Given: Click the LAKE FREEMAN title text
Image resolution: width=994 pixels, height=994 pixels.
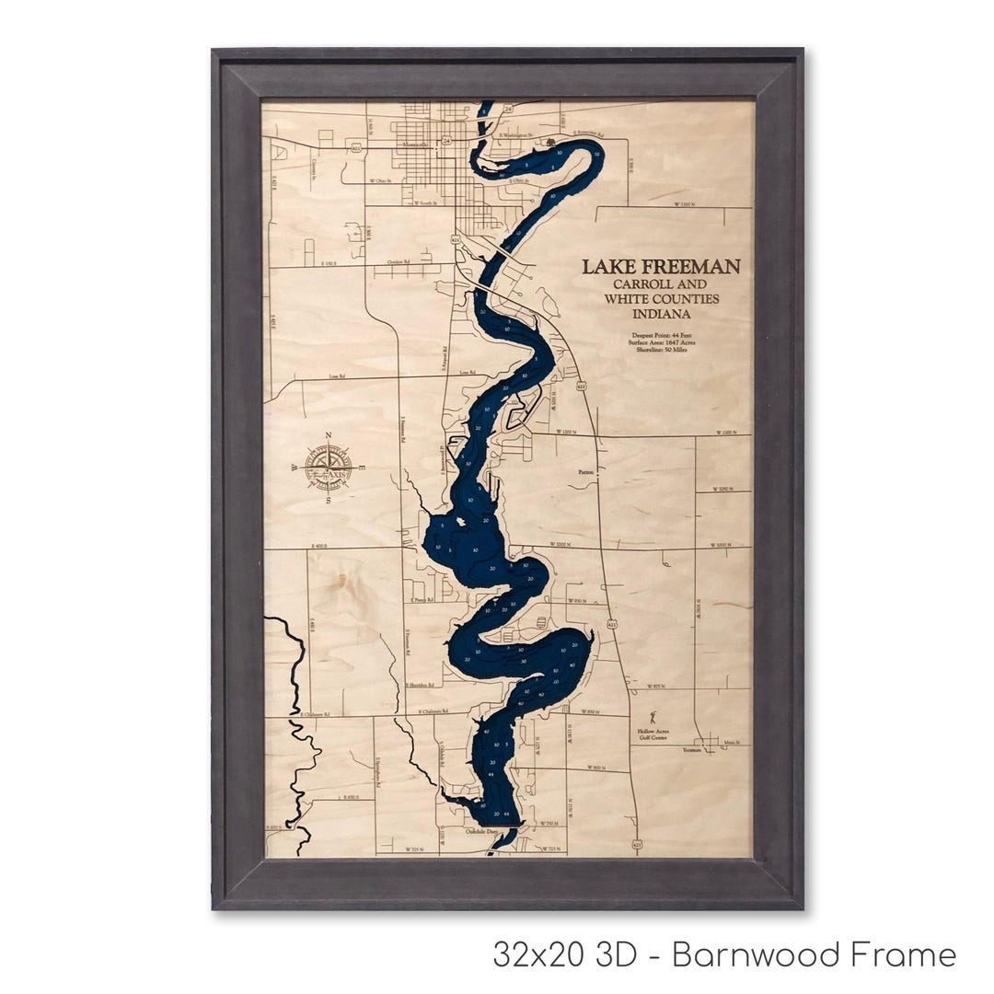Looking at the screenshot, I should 661,267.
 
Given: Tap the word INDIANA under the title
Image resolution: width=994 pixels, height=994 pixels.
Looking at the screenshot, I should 661,314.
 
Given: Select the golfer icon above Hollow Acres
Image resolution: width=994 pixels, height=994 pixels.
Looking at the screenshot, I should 655,715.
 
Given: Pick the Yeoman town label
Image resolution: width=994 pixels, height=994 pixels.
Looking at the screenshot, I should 691,750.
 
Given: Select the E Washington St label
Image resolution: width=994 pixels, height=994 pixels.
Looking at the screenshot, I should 517,134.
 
